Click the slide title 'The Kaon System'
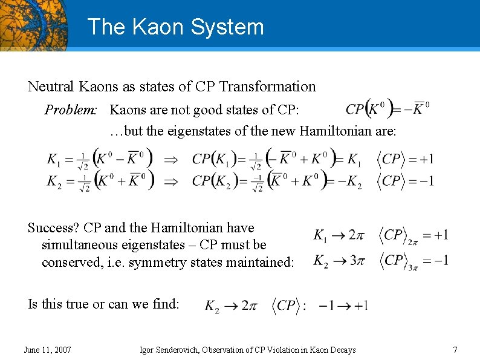[175, 27]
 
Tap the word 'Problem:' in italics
[71, 110]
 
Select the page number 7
[455, 350]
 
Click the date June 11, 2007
[47, 350]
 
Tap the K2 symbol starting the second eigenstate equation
[55, 180]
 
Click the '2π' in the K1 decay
[357, 235]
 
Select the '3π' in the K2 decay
[357, 261]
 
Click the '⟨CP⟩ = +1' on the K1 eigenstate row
[405, 159]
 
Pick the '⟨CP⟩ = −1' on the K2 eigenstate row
[405, 180]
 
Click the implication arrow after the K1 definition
[172, 160]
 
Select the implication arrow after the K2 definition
[172, 181]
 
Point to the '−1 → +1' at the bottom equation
[343, 306]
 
